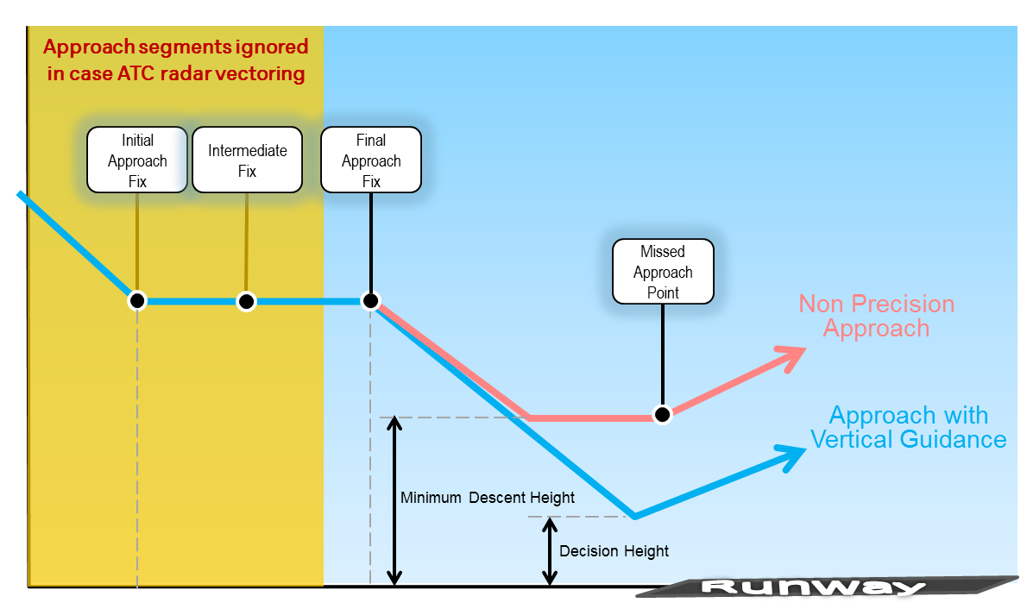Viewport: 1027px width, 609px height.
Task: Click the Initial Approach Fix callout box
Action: click(137, 160)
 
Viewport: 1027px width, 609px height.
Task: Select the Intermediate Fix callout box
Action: click(247, 160)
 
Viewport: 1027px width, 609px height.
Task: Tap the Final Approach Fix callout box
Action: click(371, 160)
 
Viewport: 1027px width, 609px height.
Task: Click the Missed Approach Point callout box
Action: click(663, 272)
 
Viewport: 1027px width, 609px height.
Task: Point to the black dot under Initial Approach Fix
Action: click(137, 301)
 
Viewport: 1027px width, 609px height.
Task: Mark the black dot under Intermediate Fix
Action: click(247, 301)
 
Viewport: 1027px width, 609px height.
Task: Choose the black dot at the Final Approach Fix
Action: click(370, 300)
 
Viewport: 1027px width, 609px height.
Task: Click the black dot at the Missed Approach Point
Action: click(662, 415)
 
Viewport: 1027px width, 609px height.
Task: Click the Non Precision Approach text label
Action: click(876, 317)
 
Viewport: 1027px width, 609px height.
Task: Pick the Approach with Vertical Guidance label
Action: click(908, 427)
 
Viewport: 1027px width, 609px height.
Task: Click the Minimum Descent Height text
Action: click(488, 498)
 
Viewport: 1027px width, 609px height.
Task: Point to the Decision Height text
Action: click(614, 551)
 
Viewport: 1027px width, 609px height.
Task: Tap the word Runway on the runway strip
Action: click(813, 587)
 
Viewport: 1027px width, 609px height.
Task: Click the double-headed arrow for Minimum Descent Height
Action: click(394, 500)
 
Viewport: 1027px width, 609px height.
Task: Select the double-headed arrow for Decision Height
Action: click(549, 551)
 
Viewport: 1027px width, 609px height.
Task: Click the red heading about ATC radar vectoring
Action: click(176, 60)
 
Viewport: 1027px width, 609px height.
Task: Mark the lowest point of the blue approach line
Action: click(634, 517)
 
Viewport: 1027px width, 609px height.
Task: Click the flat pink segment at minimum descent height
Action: click(595, 418)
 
